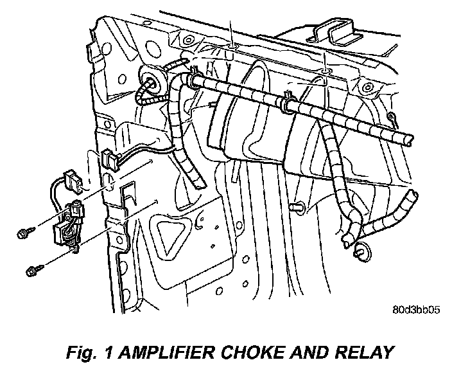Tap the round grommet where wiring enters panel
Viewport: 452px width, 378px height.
tap(153, 80)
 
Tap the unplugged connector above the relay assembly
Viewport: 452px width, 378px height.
tap(74, 182)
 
